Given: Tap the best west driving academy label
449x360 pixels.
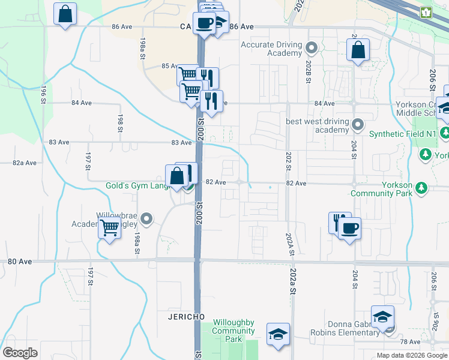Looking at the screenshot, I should click(317, 126).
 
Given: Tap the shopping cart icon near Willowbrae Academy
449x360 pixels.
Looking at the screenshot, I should click(110, 227).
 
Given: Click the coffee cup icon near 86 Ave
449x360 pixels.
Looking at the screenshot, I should click(204, 23).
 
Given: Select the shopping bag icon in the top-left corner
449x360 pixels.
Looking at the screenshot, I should click(65, 14).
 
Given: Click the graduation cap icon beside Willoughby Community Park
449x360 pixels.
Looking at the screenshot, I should click(278, 334).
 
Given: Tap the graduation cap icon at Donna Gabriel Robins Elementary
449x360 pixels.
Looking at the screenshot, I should click(382, 317).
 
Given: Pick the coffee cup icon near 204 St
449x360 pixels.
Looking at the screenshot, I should click(349, 228).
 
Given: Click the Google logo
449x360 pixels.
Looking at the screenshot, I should click(20, 352).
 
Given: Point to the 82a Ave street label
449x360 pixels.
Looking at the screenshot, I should click(25, 163).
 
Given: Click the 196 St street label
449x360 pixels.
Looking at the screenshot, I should click(44, 95).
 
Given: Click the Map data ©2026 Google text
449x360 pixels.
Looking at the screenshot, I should click(411, 355).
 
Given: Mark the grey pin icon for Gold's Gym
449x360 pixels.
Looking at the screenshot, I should click(188, 186).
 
